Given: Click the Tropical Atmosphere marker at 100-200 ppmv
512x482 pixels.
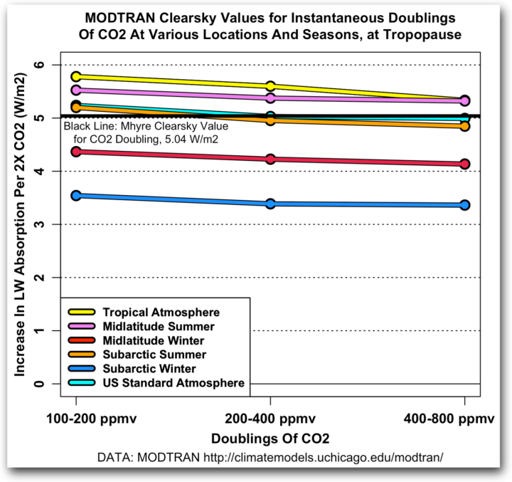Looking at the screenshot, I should click(x=75, y=76).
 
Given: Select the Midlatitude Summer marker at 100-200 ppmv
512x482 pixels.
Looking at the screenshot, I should click(x=75, y=90).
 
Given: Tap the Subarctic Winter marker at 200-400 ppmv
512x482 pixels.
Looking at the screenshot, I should click(x=270, y=204).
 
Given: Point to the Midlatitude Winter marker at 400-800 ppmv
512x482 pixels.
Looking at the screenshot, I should click(x=464, y=164).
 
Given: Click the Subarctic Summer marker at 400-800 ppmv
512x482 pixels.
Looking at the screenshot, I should click(x=464, y=126).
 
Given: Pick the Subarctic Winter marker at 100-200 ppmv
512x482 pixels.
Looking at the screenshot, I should click(x=75, y=195).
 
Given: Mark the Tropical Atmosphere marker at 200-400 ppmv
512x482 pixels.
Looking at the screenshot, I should click(x=270, y=86).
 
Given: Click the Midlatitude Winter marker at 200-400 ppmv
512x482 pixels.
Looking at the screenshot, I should click(x=270, y=159).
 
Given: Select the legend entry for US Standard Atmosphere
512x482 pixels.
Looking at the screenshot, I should click(x=174, y=383).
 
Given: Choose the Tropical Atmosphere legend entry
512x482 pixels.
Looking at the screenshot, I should click(x=161, y=312).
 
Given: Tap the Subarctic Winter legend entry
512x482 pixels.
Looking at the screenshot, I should click(x=149, y=369).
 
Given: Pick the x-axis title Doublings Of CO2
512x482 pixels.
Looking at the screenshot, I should click(x=270, y=436).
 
